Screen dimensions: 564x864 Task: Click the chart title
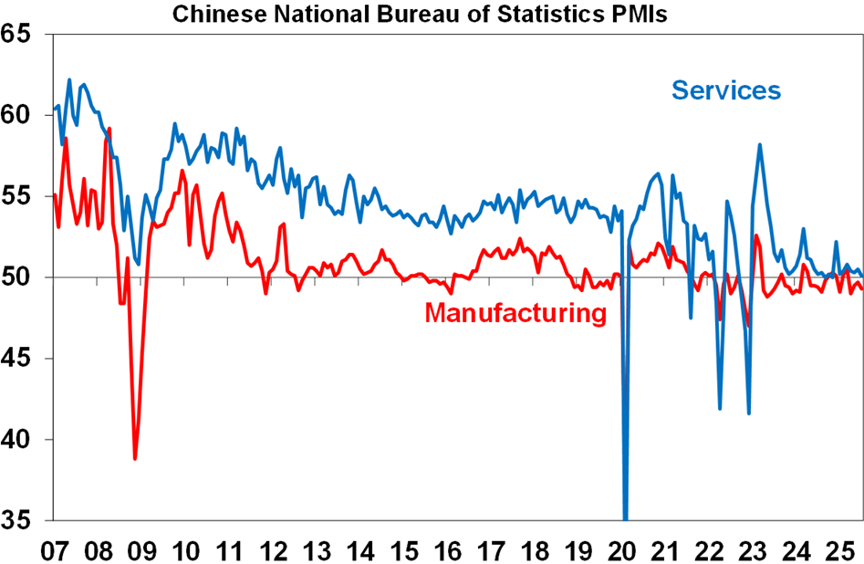pyautogui.click(x=421, y=14)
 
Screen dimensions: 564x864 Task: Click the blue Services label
pyautogui.click(x=726, y=90)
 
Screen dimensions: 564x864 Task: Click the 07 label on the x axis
pyautogui.click(x=54, y=550)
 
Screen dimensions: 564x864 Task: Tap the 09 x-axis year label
pyautogui.click(x=141, y=550)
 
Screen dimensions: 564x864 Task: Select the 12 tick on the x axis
pyautogui.click(x=273, y=550)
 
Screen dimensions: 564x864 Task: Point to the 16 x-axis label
pyautogui.click(x=448, y=550)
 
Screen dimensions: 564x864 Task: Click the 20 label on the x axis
pyautogui.click(x=623, y=550)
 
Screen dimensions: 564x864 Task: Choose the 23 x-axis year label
pyautogui.click(x=755, y=550)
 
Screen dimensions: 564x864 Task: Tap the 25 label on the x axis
pyautogui.click(x=842, y=550)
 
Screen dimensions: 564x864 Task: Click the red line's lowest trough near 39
pyautogui.click(x=135, y=459)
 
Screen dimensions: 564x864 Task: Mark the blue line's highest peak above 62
pyautogui.click(x=69, y=79)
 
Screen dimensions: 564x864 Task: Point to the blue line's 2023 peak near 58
pyautogui.click(x=760, y=144)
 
